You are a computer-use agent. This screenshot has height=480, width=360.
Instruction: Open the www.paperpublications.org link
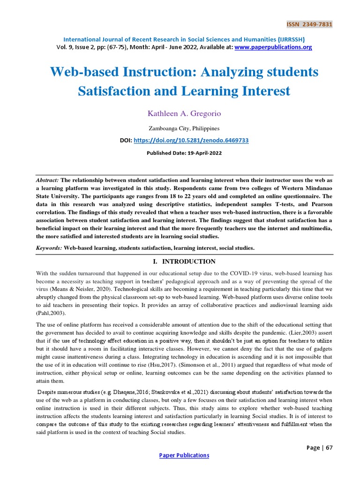click(x=273, y=47)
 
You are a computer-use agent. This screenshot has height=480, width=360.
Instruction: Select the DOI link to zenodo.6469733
click(x=191, y=140)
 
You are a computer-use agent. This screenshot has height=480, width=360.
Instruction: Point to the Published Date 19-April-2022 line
click(x=184, y=153)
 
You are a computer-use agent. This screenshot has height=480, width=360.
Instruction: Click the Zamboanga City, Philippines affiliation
click(x=184, y=128)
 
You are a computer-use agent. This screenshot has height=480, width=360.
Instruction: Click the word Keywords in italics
click(x=49, y=248)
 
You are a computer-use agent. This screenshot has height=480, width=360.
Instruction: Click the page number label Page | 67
click(x=319, y=448)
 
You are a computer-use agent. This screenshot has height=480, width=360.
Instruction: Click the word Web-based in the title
click(x=84, y=72)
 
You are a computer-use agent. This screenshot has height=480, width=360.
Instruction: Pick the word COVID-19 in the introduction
click(x=246, y=274)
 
